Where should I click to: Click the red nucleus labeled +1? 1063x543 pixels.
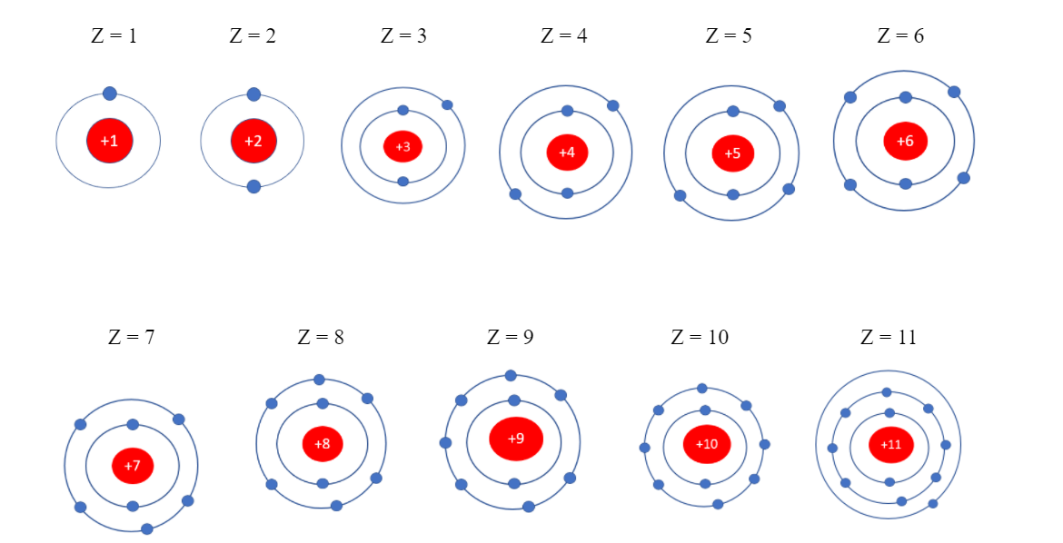[109, 141]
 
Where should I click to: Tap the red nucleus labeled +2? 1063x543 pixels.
[253, 141]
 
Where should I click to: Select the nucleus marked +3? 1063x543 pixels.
[402, 146]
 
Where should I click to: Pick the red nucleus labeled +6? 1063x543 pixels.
[905, 141]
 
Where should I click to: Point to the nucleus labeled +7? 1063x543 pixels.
[133, 466]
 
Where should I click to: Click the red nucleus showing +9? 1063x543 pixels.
[516, 439]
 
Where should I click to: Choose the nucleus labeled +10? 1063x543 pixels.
[707, 444]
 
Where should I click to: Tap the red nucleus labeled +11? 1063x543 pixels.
[890, 445]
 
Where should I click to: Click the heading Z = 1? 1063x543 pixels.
[114, 36]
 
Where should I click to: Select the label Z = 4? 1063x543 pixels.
[564, 36]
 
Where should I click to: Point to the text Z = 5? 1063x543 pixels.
[729, 36]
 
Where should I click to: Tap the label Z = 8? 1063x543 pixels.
[321, 337]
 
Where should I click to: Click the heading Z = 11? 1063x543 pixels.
[889, 337]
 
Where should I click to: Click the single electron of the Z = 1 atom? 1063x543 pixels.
[109, 94]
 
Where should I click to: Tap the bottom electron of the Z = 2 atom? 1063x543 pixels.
[253, 186]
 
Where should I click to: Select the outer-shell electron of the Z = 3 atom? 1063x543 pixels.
[447, 105]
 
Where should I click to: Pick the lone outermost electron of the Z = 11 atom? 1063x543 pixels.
[933, 504]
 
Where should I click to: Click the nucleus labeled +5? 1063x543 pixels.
[732, 153]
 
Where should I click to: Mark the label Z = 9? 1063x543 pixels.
[511, 337]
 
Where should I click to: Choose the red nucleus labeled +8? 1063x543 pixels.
[323, 444]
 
